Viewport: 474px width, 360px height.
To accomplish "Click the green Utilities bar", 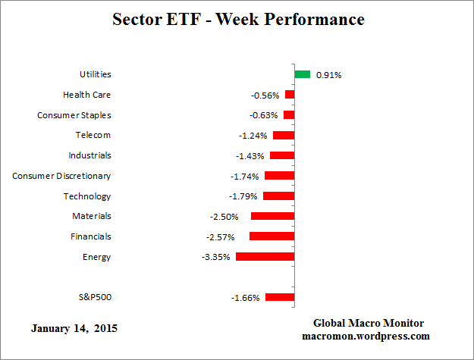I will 303,74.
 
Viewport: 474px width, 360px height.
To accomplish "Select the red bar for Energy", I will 265,257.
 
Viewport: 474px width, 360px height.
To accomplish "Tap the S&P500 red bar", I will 279,298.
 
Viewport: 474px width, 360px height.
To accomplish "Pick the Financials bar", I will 272,236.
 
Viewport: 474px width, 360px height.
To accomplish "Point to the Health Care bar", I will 290,95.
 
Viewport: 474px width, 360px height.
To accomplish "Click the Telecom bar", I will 284,135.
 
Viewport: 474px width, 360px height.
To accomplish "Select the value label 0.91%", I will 329,75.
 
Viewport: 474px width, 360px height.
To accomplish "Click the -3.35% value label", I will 216,257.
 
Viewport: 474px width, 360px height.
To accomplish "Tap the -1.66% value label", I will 246,298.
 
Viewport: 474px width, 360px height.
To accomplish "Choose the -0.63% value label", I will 265,115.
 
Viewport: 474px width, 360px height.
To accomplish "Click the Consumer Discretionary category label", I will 61,176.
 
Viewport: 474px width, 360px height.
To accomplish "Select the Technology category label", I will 87,196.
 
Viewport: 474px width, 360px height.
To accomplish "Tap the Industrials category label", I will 89,155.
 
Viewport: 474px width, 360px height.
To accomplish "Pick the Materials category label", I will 92,216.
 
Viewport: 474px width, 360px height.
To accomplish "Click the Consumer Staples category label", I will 74,115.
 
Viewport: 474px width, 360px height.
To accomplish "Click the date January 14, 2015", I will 74,330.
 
